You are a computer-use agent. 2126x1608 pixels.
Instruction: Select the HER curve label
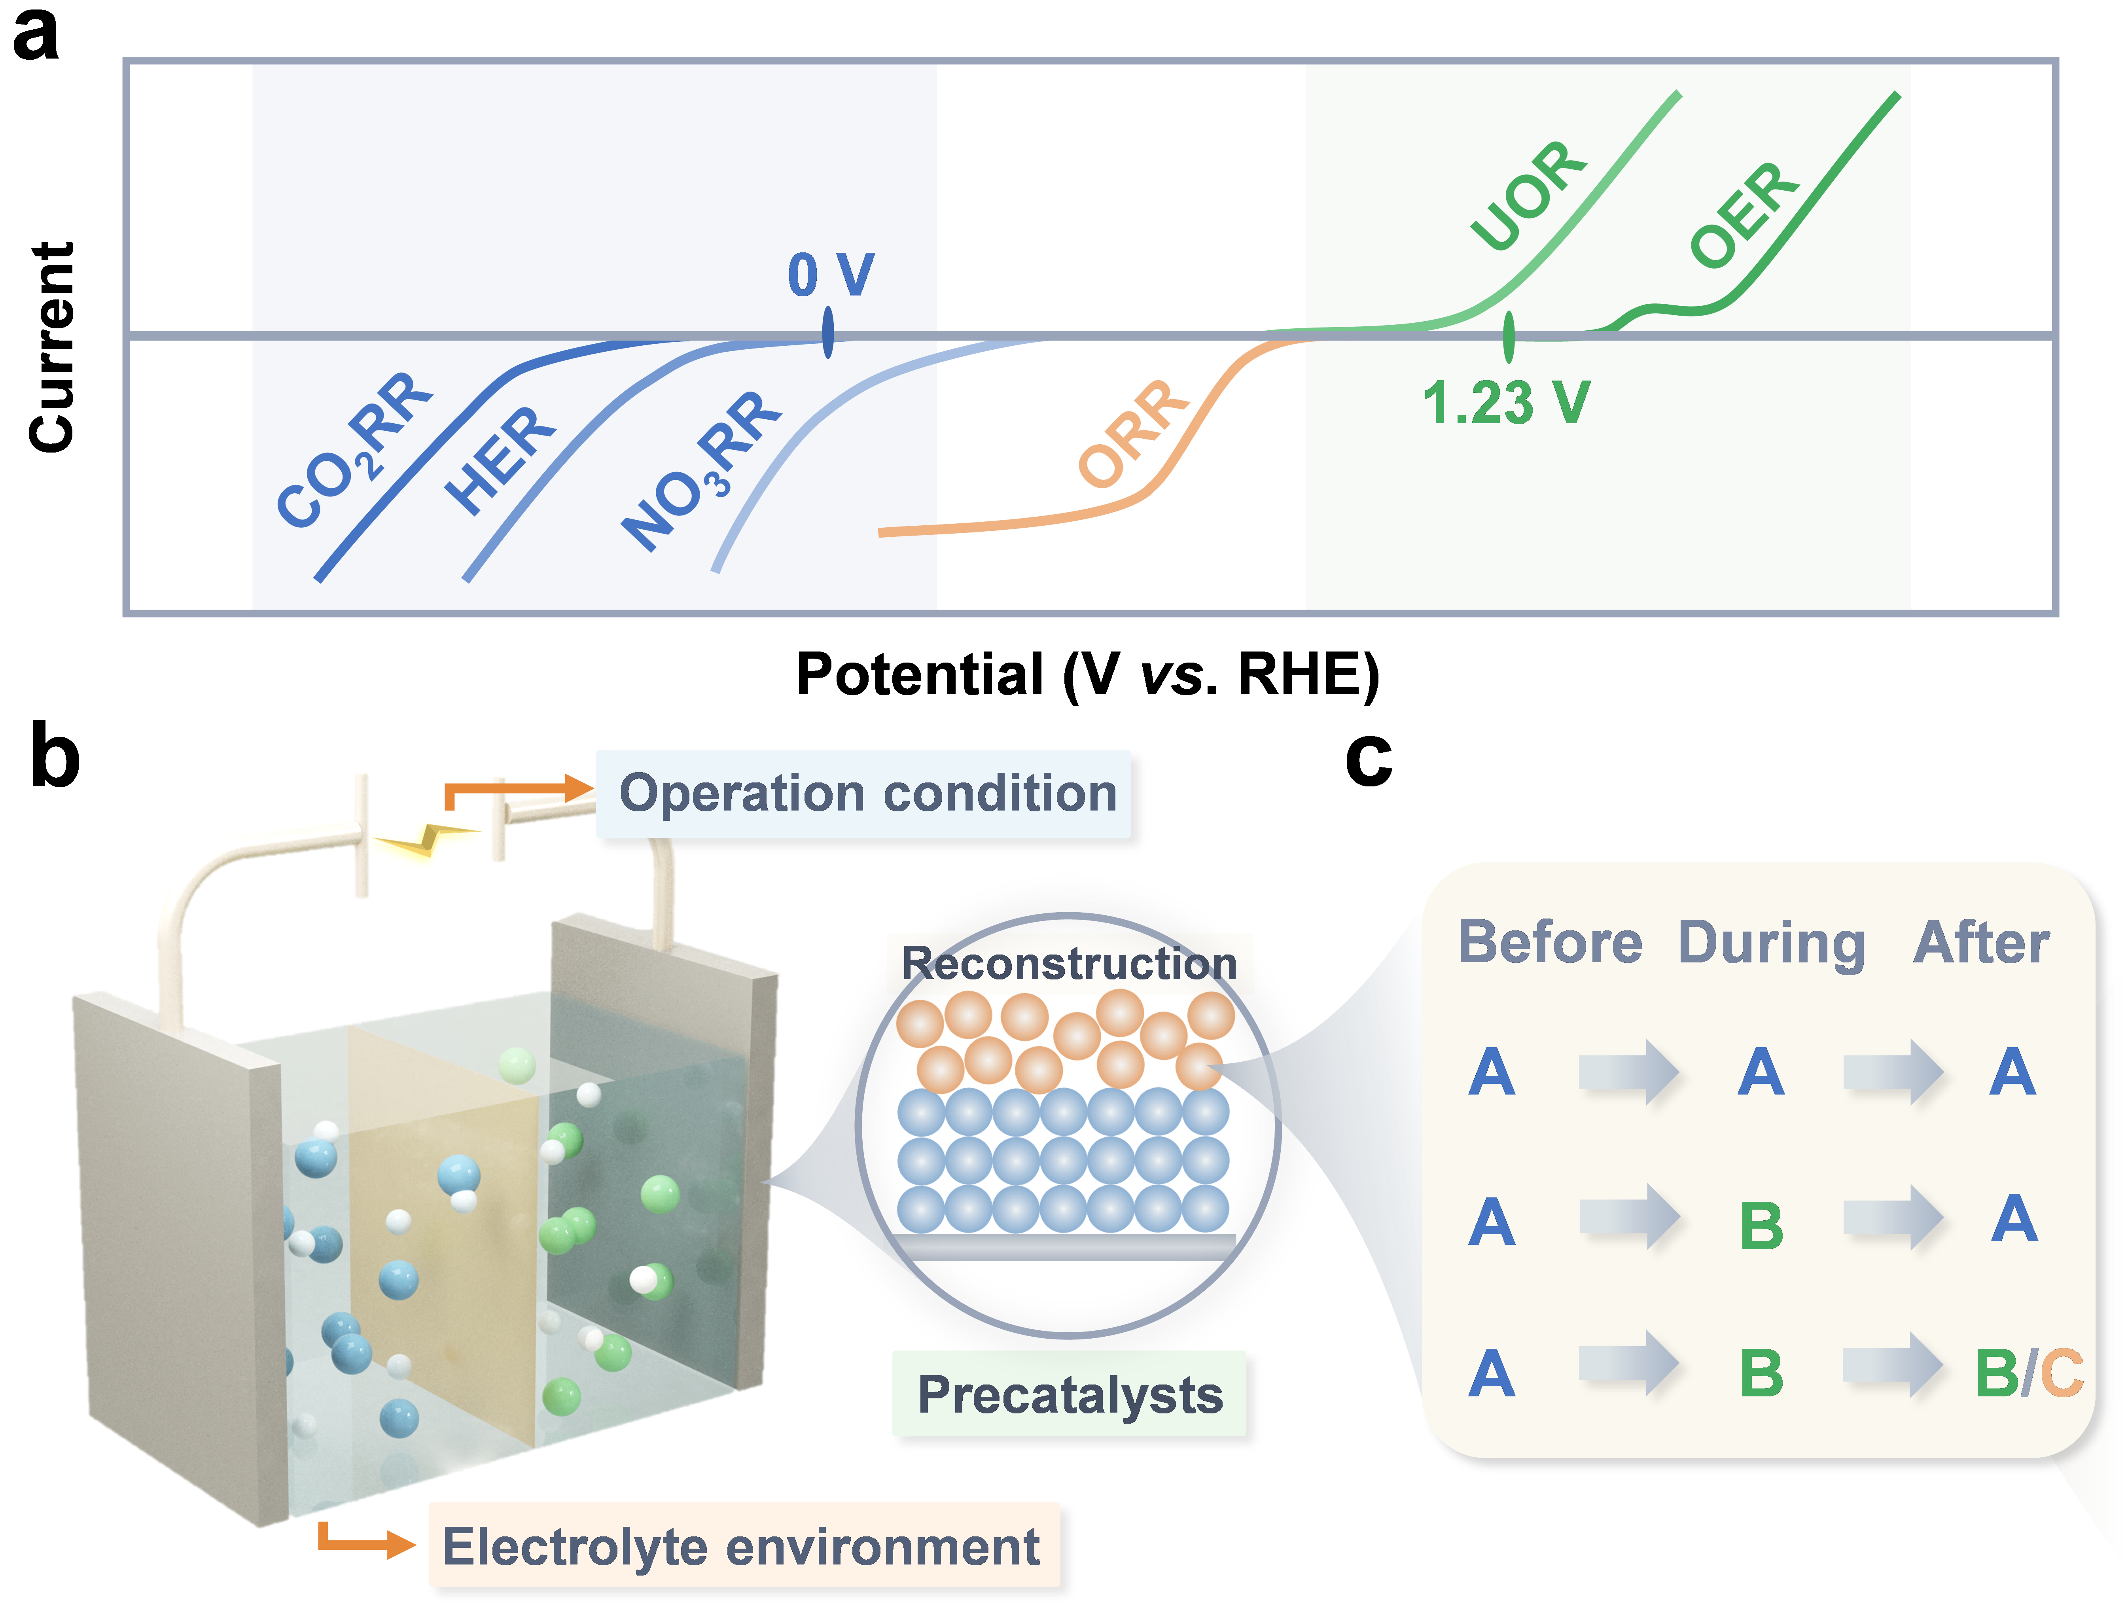tap(500, 459)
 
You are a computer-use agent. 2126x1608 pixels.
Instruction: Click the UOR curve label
tap(1528, 195)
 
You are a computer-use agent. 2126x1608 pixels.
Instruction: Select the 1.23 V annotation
tap(1506, 402)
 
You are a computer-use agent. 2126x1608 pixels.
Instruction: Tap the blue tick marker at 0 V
tap(827, 333)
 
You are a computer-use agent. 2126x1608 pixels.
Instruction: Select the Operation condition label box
tap(865, 794)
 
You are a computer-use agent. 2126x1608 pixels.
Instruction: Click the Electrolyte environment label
tap(742, 1546)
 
